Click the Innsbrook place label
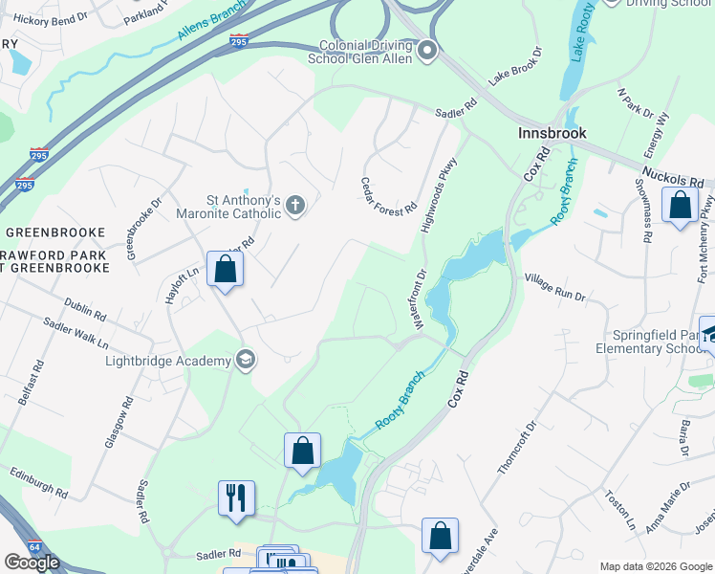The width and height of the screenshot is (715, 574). pos(552,133)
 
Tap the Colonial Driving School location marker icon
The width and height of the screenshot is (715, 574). pos(427,51)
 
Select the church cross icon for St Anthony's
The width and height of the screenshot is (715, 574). pos(296,206)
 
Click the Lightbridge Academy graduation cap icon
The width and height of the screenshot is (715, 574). pos(246,360)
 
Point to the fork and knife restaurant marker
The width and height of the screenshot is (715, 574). pos(234,498)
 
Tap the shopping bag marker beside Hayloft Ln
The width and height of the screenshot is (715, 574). pos(225,269)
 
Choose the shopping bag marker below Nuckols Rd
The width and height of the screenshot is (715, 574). pos(679,207)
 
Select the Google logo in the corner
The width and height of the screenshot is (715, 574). pos(32,563)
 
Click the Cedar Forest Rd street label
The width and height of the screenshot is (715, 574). pos(389,195)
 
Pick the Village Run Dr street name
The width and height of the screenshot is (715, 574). pos(554,288)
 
